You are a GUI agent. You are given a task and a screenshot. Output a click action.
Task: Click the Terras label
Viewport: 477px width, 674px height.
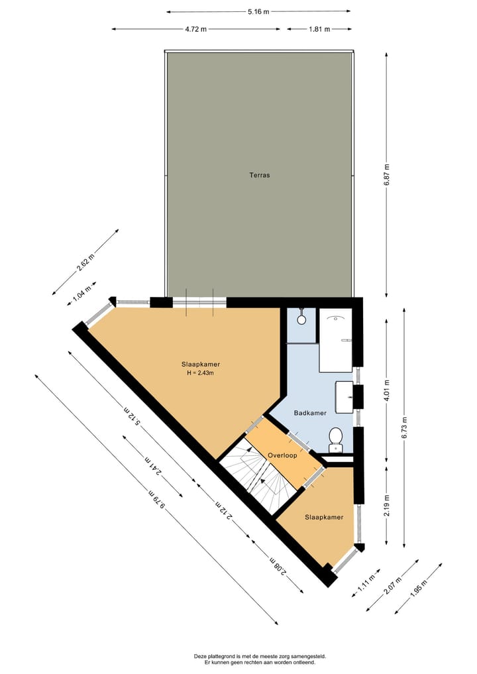click(259, 176)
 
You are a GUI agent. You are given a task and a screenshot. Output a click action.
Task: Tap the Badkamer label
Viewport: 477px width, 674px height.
click(310, 413)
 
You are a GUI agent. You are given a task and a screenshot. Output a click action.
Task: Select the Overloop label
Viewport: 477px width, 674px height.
click(282, 455)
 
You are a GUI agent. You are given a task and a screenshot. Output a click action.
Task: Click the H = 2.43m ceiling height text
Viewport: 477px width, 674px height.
click(201, 373)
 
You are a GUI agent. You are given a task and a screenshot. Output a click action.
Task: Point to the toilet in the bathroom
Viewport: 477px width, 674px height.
click(336, 439)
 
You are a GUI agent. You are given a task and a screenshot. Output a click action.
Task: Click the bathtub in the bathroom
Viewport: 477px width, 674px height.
click(336, 340)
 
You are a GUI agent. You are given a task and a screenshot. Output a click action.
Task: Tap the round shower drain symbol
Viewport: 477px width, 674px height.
click(301, 319)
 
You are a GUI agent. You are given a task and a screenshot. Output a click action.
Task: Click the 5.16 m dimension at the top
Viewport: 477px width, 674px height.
click(258, 11)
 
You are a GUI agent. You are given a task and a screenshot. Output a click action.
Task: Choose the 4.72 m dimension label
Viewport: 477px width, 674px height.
click(195, 29)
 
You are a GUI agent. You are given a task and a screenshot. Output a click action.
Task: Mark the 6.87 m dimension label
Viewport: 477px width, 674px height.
click(387, 175)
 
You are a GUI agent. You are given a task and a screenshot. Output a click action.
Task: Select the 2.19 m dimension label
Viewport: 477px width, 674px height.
click(387, 503)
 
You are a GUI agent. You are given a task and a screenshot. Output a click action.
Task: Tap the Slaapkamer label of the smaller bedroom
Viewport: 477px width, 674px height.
click(324, 518)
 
